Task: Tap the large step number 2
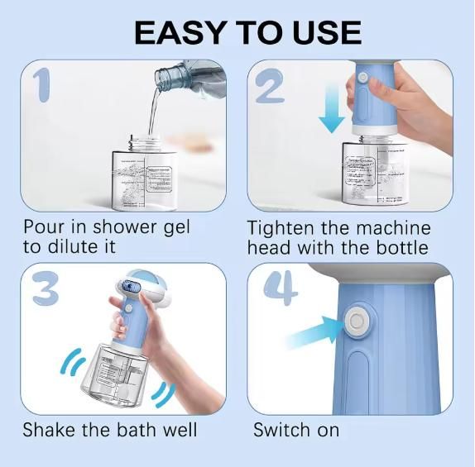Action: point(270,85)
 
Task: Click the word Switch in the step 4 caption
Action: point(281,430)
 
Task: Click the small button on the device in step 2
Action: point(362,77)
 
